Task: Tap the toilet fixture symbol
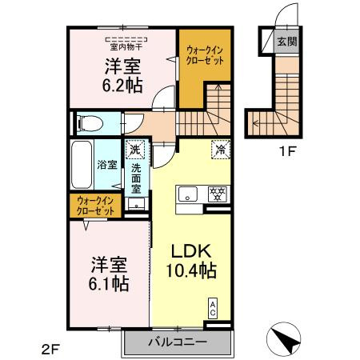[x=89, y=123]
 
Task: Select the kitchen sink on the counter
[x=187, y=193]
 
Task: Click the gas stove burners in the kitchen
[x=217, y=193]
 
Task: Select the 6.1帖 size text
[x=106, y=284]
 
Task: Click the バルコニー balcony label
[x=177, y=342]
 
